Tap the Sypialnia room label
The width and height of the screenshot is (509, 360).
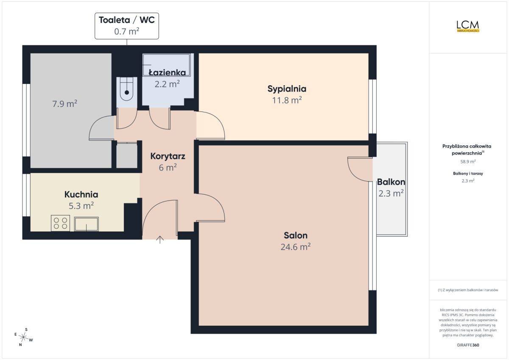(x=287, y=89)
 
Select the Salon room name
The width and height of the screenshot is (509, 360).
(x=295, y=235)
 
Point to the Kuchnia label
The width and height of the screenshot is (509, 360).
(x=81, y=195)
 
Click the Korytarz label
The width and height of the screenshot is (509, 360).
(x=168, y=156)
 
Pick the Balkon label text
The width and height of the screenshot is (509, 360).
(x=391, y=182)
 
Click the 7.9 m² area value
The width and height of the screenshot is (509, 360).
(x=65, y=104)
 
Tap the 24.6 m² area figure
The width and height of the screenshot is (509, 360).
(x=295, y=247)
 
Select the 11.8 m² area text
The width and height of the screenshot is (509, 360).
(x=287, y=100)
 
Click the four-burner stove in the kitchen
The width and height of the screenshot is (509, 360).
(x=60, y=223)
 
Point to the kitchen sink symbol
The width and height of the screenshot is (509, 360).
(x=87, y=224)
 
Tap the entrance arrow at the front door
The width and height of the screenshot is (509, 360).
(x=160, y=240)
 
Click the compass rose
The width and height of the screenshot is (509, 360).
(x=24, y=337)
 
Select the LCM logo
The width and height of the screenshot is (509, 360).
(x=468, y=27)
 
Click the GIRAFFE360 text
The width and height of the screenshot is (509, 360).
(x=468, y=345)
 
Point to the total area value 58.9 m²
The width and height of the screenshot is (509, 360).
(x=468, y=162)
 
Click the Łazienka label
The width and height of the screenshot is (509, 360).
(x=167, y=73)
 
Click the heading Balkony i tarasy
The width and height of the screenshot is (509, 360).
(x=468, y=173)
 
